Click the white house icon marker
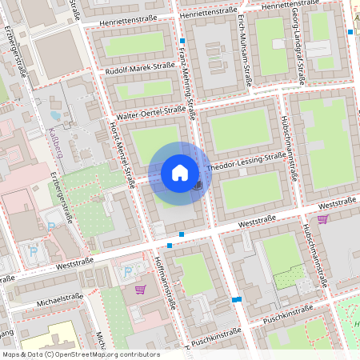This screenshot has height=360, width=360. click(180, 172)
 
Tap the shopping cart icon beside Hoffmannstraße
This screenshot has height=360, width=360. click(141, 289)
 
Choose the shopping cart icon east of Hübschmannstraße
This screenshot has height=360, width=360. click(322, 218)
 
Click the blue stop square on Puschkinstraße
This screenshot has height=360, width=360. click(237, 299)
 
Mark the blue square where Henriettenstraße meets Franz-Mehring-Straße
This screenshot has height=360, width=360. click(182, 40)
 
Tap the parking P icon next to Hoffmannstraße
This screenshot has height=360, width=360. click(126, 271)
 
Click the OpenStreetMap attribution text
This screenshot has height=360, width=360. click(80, 354)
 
